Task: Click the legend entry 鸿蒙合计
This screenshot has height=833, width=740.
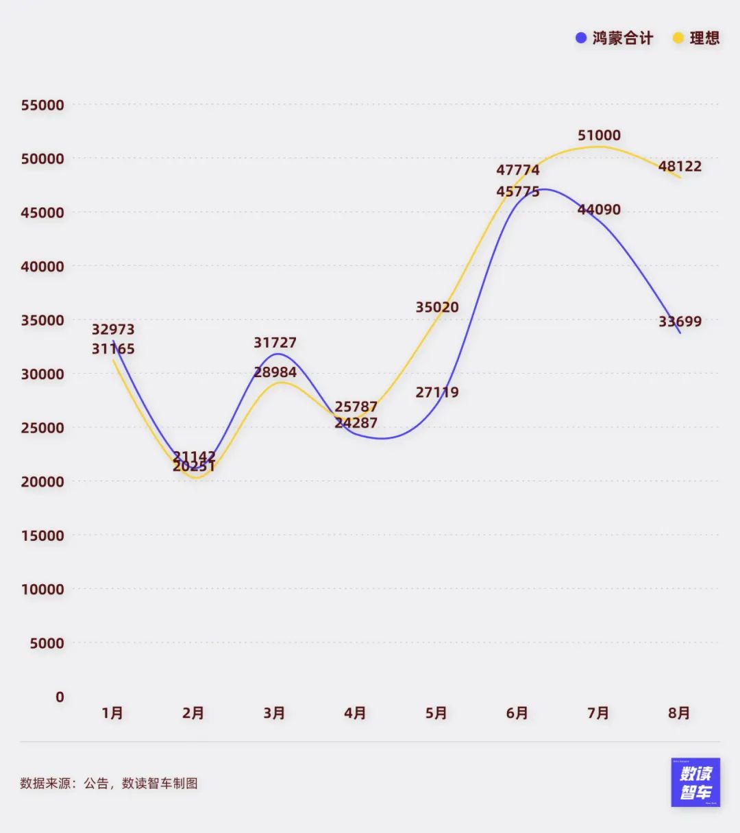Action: point(615,38)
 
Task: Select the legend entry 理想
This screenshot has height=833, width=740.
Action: point(697,38)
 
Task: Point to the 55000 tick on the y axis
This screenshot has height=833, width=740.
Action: point(42,105)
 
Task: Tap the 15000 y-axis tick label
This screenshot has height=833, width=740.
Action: point(42,535)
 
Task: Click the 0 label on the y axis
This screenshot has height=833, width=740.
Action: point(60,697)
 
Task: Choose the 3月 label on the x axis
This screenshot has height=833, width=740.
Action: point(274,713)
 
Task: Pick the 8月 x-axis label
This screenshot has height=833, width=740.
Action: point(679,713)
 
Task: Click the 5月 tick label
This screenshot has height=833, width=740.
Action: point(436,713)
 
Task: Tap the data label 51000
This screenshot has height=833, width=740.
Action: point(599,135)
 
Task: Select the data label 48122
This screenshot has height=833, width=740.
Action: point(680,166)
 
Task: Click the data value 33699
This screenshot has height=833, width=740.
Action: point(680,321)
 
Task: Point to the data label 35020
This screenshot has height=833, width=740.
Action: point(437,307)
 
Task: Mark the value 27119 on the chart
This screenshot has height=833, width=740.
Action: point(437,392)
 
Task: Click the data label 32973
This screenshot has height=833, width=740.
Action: point(113,329)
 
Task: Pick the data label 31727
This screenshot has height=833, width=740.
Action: point(275,342)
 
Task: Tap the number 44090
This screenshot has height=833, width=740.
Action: point(599,209)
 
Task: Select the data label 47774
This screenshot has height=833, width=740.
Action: point(518,169)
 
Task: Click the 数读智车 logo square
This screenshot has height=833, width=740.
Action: point(695,782)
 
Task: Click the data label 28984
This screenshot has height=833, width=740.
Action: point(275,372)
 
